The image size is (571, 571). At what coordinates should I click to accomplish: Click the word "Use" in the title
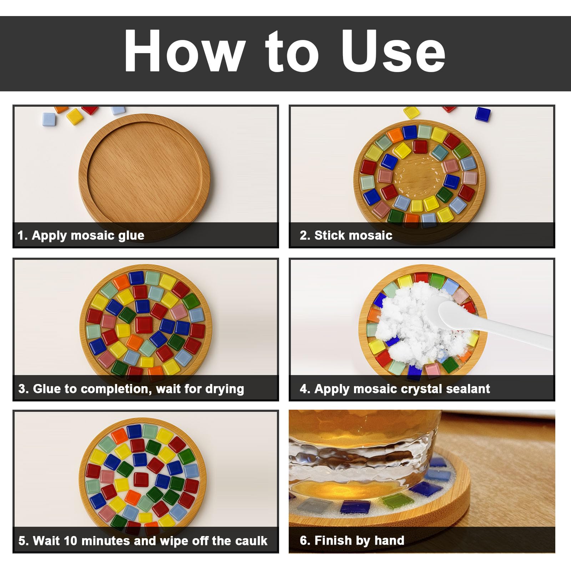click(394, 51)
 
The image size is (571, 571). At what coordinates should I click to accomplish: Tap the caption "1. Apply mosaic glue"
click(81, 236)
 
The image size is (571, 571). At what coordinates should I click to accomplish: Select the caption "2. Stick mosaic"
click(346, 236)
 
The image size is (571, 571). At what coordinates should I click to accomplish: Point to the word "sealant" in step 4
click(468, 389)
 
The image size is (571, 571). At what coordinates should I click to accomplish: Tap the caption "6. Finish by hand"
click(352, 541)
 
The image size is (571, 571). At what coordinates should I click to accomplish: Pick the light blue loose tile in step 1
click(49, 119)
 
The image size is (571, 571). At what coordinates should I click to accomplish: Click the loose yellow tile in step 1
click(75, 116)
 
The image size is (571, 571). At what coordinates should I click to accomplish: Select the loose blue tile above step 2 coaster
click(483, 114)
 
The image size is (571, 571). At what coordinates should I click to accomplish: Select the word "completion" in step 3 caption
click(109, 389)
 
